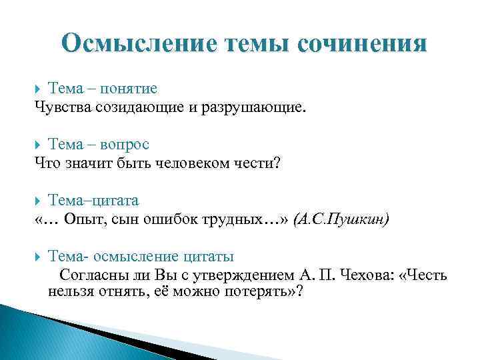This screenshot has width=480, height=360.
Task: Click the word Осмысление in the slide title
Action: click(x=138, y=43)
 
